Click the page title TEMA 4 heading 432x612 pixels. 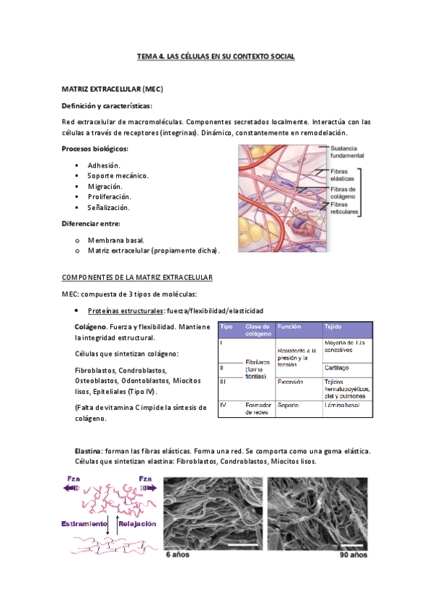point(216,56)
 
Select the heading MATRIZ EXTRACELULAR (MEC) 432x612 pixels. point(112,89)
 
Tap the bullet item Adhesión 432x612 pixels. point(104,165)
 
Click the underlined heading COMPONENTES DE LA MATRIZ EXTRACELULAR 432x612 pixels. point(137,277)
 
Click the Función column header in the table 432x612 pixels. point(289,327)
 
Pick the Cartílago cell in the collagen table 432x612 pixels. point(337,367)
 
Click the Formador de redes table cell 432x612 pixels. point(257,408)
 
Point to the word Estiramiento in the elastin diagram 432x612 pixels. point(84,523)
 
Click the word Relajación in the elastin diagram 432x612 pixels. point(137,523)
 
